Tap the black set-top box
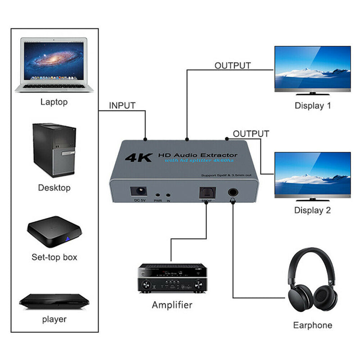[x=54, y=232]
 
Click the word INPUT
[x=122, y=106]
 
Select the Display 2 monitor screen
[x=313, y=173]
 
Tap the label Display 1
[x=313, y=106]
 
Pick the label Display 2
[x=313, y=210]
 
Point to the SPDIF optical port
[x=205, y=192]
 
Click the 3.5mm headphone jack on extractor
[x=232, y=193]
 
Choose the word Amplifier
[x=172, y=305]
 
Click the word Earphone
[x=312, y=325]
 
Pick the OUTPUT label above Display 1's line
[x=232, y=66]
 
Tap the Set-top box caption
[x=54, y=257]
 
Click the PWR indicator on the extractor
[x=157, y=194]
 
